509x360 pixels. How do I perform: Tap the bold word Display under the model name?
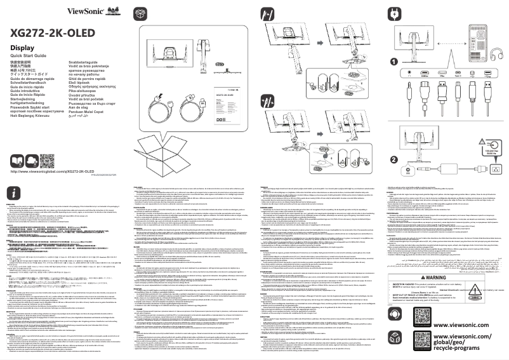pos(22,48)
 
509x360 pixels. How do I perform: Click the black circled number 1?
pos(393,62)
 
